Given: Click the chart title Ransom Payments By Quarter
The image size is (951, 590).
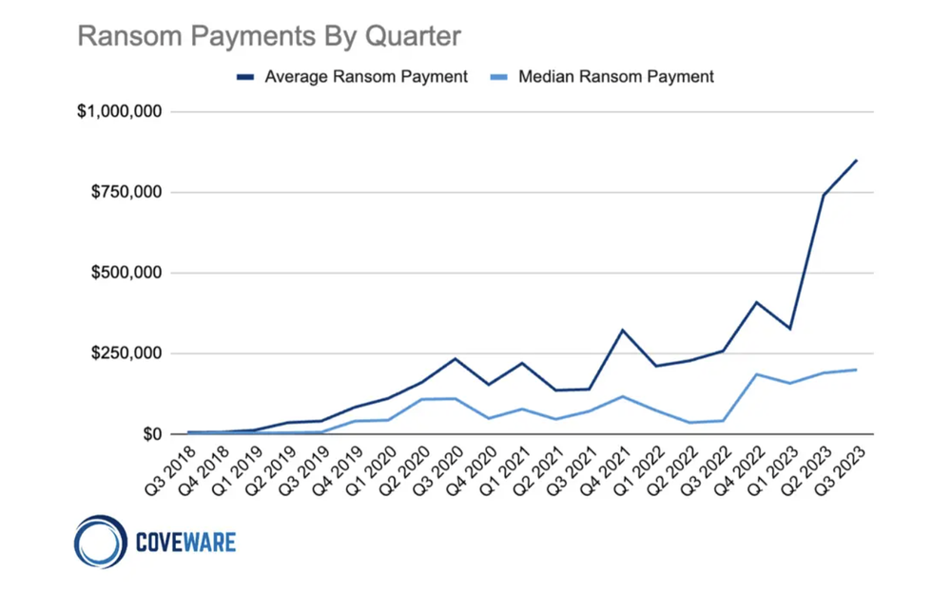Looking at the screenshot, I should (x=268, y=36).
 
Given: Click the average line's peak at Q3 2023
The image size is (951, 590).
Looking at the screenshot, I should (x=857, y=161).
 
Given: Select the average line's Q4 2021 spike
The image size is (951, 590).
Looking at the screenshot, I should (x=622, y=331).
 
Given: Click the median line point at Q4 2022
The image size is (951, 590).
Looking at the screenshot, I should (x=757, y=374).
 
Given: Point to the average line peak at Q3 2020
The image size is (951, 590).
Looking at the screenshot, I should (x=455, y=359).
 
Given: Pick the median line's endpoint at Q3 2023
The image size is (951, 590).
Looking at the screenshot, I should (x=857, y=370).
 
